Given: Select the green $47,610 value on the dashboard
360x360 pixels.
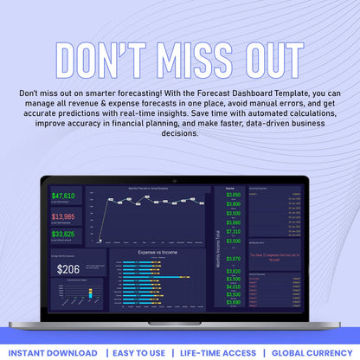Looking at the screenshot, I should coord(63,196).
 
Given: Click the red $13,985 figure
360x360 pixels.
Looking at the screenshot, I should coord(63,216).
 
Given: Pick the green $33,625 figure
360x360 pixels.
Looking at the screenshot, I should coord(63,235).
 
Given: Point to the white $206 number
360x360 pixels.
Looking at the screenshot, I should coord(68,269).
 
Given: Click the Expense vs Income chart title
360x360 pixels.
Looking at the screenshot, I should coord(157,253).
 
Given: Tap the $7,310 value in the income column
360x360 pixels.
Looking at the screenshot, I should coord(234,232).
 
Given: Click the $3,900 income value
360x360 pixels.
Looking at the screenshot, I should coord(234,204).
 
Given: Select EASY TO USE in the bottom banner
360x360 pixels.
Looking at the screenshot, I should coord(138,353).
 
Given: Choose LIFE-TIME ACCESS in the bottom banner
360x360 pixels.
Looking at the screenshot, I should coord(218,353).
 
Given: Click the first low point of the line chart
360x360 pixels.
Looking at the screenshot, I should coord(100,240).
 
